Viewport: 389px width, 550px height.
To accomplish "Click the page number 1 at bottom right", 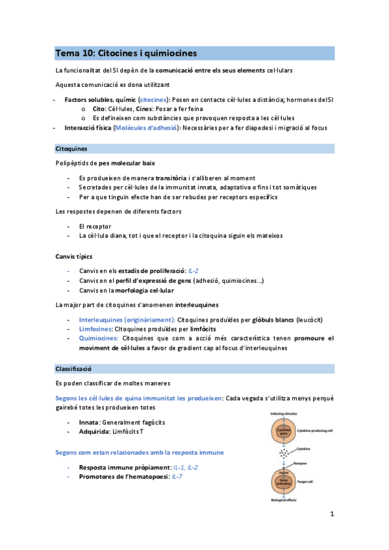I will pos(331,514).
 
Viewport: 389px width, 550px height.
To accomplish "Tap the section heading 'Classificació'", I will pos(75,368).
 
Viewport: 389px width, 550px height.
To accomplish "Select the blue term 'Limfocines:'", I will pos(94,329).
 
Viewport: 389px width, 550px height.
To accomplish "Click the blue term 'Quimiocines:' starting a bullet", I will pos(98,339).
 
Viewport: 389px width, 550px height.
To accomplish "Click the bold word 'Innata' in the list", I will pos(89,422).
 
